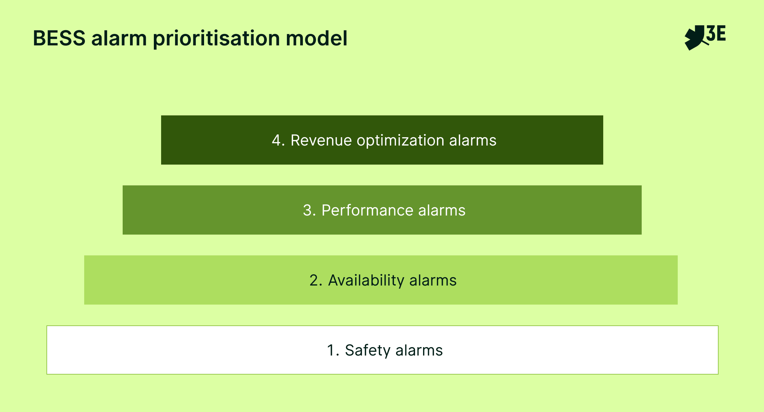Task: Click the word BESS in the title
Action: tap(59, 38)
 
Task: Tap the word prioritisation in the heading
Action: tap(216, 39)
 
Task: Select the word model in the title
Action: tap(316, 38)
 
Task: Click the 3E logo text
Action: tap(716, 34)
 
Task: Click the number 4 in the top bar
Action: tap(276, 140)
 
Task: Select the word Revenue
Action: tap(321, 140)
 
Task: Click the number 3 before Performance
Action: tap(307, 210)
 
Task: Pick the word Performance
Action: tap(367, 210)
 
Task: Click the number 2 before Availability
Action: tap(314, 280)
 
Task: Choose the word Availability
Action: tap(366, 281)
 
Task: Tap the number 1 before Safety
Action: tap(331, 350)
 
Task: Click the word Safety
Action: tap(367, 351)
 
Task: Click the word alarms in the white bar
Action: tap(419, 350)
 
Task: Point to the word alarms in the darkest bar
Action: tap(473, 140)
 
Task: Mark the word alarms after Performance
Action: tap(442, 210)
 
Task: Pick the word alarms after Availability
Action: tap(433, 280)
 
